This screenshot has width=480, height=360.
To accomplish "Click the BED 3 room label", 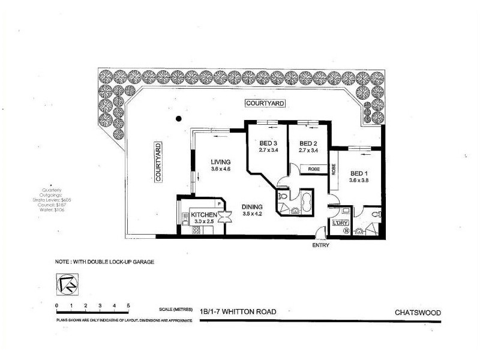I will pyautogui.click(x=268, y=143).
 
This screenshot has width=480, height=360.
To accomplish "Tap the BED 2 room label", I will pyautogui.click(x=308, y=143).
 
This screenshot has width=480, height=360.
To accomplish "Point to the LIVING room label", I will pyautogui.click(x=221, y=161).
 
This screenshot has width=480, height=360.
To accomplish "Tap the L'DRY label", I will pyautogui.click(x=340, y=223).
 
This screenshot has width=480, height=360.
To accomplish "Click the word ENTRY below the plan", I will pyautogui.click(x=321, y=245).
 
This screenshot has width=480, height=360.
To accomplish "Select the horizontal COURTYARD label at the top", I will pyautogui.click(x=265, y=104).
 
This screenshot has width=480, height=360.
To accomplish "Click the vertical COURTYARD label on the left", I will pyautogui.click(x=158, y=161).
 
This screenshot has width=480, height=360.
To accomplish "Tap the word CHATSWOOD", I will pyautogui.click(x=418, y=312).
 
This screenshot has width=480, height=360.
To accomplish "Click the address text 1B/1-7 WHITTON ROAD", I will pyautogui.click(x=239, y=311).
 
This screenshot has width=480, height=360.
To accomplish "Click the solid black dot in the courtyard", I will pyautogui.click(x=178, y=118).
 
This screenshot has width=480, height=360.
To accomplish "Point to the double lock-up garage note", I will pyautogui.click(x=105, y=262).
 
